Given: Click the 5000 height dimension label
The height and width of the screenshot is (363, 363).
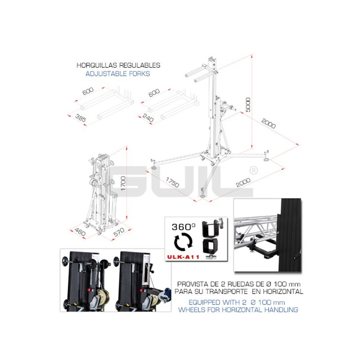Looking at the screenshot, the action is (x=248, y=105).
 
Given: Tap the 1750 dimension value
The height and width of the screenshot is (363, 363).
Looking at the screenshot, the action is (x=172, y=182).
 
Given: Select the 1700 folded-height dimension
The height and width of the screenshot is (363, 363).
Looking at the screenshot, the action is (x=123, y=184).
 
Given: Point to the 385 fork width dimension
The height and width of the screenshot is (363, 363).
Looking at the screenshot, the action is (x=81, y=118).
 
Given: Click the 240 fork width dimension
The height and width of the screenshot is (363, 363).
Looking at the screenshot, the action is (x=148, y=118).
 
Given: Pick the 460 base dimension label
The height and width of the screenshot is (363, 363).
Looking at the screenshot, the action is (x=80, y=232).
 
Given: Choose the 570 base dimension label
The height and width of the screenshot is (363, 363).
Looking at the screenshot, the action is (x=119, y=232).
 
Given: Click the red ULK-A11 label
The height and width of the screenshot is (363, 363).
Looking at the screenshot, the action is (x=183, y=257).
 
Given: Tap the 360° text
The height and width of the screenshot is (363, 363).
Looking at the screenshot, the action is (x=184, y=227).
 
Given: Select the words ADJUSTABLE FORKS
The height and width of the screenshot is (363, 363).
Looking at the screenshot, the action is (x=118, y=74).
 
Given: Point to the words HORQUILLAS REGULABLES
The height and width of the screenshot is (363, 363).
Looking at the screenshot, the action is (x=118, y=65).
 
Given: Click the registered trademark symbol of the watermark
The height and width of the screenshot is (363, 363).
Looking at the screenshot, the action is (x=254, y=171).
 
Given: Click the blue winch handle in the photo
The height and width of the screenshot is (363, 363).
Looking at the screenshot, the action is (x=166, y=295).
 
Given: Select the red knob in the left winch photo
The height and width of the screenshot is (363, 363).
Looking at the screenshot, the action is (x=89, y=290).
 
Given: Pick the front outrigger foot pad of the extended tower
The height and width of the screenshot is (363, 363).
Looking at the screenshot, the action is (x=202, y=196).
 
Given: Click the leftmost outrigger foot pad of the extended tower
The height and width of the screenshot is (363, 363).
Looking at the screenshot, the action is (x=153, y=167).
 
